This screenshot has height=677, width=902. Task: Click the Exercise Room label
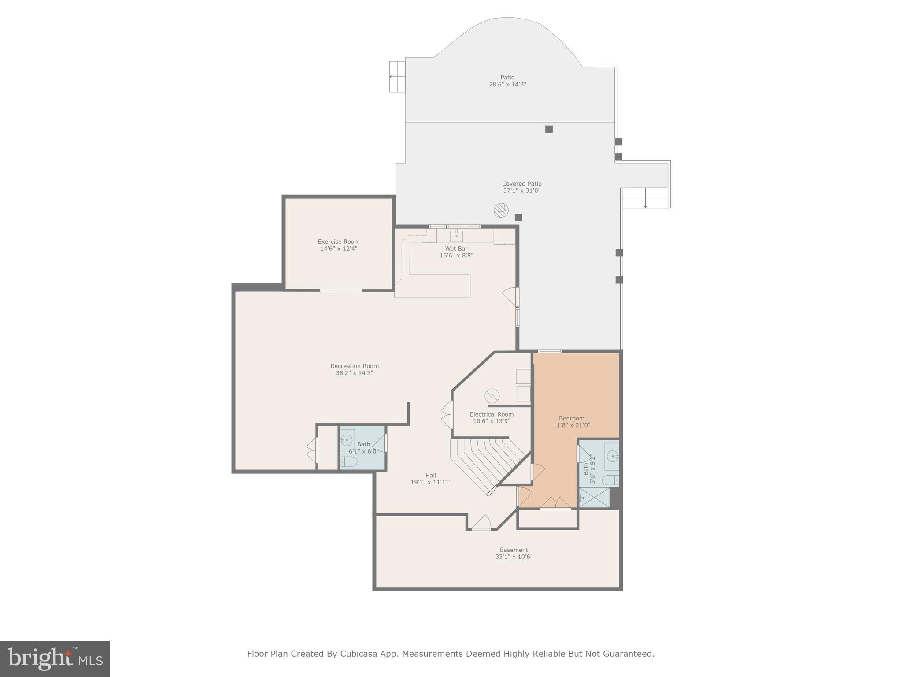[x=339, y=242]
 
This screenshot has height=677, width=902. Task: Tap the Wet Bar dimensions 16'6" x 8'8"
[x=456, y=255]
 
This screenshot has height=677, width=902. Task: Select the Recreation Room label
[x=355, y=366]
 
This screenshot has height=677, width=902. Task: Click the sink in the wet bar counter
[x=456, y=235]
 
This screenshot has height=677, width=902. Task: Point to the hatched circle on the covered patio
[x=501, y=210]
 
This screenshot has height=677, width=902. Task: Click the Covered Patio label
[x=522, y=184]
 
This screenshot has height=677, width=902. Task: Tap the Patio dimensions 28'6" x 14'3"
[x=507, y=84]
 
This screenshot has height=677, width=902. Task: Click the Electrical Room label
[x=492, y=414]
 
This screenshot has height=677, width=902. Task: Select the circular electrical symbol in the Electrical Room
[x=492, y=396]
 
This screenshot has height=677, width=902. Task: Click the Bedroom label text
[x=572, y=418]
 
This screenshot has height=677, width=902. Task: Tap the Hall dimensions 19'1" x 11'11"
[x=431, y=482]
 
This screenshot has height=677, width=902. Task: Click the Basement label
[x=514, y=550]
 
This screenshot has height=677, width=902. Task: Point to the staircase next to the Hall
[x=489, y=463]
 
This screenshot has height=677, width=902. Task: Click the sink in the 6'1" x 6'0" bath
[x=347, y=439]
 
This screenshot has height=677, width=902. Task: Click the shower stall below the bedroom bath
[x=594, y=497]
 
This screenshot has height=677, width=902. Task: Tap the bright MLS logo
[x=55, y=658]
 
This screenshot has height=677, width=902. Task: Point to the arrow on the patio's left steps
[x=397, y=77]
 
